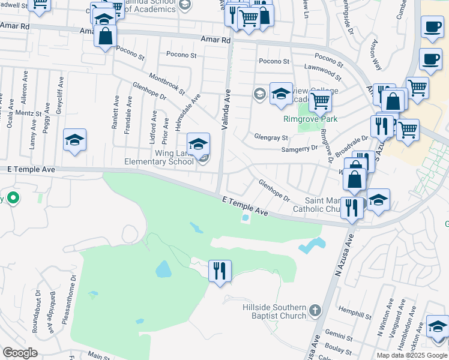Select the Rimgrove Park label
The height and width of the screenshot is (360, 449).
pyautogui.click(x=310, y=119)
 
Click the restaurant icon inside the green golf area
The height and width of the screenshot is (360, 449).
pyautogui.click(x=220, y=271)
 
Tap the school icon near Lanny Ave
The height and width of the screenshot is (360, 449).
pyautogui.click(x=74, y=140)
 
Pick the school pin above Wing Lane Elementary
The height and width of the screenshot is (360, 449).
pyautogui.click(x=199, y=144)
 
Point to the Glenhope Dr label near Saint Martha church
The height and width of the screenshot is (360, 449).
pyautogui.click(x=274, y=190)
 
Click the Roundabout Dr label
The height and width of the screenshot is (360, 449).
pyautogui.click(x=35, y=312)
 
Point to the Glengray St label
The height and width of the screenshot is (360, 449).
pyautogui.click(x=271, y=137)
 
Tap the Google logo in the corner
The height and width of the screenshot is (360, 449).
pyautogui.click(x=20, y=353)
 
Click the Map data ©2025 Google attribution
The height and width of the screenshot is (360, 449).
pyautogui.click(x=411, y=355)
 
